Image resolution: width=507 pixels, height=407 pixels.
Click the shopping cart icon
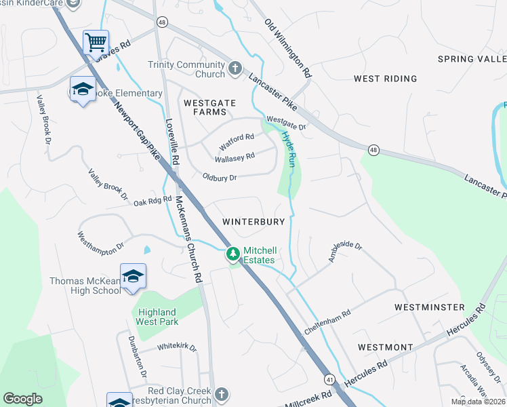pyautogui.click(x=96, y=42)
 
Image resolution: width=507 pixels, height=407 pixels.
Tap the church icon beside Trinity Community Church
pyautogui.click(x=235, y=68)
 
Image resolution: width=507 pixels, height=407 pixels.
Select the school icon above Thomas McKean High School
pyautogui.click(x=134, y=276)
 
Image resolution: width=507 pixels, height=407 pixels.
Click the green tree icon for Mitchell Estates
pyautogui.click(x=232, y=254)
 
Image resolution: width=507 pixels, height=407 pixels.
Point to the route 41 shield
pyautogui.click(x=329, y=379)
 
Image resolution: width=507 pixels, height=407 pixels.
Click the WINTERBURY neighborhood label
pyautogui.click(x=258, y=222)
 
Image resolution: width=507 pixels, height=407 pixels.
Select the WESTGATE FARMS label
pyautogui.click(x=209, y=107)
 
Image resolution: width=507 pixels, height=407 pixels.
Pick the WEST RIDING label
pyautogui.click(x=386, y=79)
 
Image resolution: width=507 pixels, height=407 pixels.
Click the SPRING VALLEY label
pyautogui.click(x=471, y=59)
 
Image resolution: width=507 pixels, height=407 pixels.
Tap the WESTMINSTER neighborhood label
pyautogui.click(x=430, y=307)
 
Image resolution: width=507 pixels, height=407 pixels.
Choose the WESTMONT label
pyautogui.click(x=385, y=347)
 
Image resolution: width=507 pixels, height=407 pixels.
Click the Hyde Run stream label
pyautogui.click(x=289, y=149)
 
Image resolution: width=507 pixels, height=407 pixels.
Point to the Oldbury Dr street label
pyautogui.click(x=219, y=178)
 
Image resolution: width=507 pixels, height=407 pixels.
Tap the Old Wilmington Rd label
pyautogui.click(x=288, y=47)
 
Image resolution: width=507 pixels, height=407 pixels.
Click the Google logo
pyautogui.click(x=23, y=398)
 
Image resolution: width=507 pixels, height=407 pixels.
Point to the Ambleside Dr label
pyautogui.click(x=346, y=255)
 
